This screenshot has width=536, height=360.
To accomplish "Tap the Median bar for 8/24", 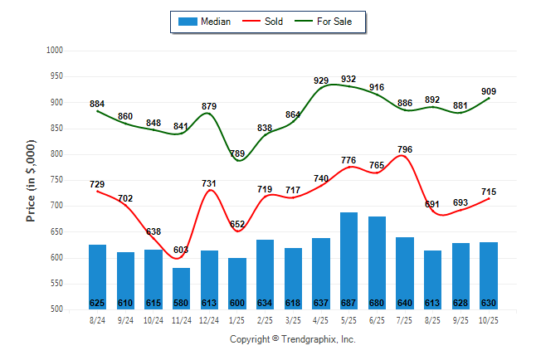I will pyautogui.click(x=97, y=276).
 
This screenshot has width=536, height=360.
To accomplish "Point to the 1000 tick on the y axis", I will pyautogui.click(x=55, y=51).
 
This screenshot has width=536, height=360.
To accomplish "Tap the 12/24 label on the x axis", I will pyautogui.click(x=209, y=320).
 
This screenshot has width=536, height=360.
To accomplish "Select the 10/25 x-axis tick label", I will pyautogui.click(x=489, y=320).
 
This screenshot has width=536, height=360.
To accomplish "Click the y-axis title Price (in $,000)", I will pyautogui.click(x=31, y=180).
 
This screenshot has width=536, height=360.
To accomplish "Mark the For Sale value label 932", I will pyautogui.click(x=348, y=80).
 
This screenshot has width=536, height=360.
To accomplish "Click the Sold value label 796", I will pyautogui.click(x=405, y=149).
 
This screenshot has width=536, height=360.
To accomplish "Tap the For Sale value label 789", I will pyautogui.click(x=237, y=154).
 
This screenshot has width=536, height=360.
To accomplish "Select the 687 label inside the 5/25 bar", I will pyautogui.click(x=348, y=302).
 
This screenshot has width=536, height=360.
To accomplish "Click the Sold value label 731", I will pyautogui.click(x=209, y=183).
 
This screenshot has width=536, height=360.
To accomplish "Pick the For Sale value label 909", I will pyautogui.click(x=489, y=92).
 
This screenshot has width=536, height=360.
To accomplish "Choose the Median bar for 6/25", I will pyautogui.click(x=377, y=263).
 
